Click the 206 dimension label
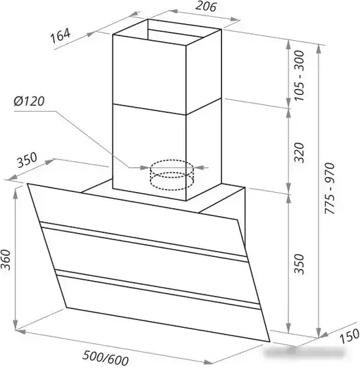205,6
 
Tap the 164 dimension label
60,36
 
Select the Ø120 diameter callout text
29,101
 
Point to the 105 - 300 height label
299,76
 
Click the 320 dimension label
299,153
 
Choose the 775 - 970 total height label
329,188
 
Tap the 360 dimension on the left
5,260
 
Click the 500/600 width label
106,358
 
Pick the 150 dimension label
349,336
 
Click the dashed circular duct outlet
172,175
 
